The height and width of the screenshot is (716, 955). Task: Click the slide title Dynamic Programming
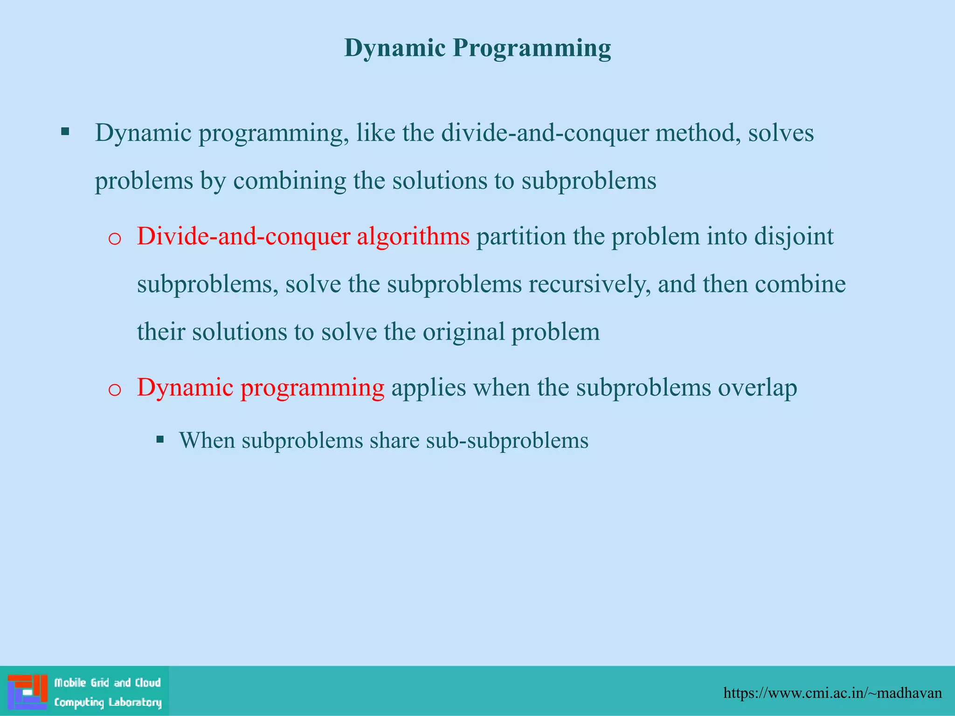coord(477,48)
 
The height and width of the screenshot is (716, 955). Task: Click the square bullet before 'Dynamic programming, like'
coord(65,131)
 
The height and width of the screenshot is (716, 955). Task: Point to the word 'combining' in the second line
coord(290,181)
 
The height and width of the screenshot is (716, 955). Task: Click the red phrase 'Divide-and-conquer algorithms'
coord(303,236)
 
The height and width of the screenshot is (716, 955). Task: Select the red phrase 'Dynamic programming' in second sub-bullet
coord(260,387)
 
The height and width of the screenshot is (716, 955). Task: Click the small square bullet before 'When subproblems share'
coord(160,439)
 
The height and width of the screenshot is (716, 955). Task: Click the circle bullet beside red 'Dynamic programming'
coord(114,390)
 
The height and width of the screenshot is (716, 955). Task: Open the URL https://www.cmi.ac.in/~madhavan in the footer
coord(832,693)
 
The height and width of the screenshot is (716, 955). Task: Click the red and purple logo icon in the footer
coord(28,691)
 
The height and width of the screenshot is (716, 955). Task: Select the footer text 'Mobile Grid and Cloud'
coord(107,683)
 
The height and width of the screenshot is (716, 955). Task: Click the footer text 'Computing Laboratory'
coord(108,702)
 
